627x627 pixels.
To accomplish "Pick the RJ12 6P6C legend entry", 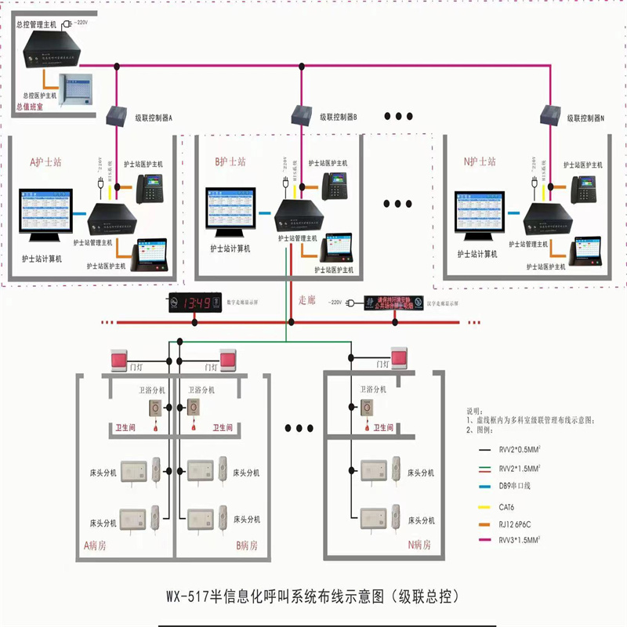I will tap(516, 524).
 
